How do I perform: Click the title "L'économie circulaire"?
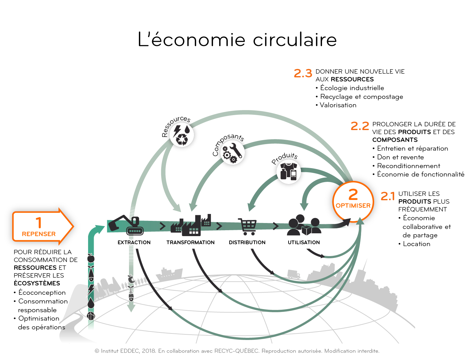coord(237,39)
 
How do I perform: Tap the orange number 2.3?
coord(303,73)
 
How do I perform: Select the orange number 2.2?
coord(360,126)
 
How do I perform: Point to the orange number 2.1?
coord(388,196)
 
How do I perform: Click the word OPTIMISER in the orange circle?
coord(353,206)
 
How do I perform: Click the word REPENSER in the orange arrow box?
coord(39,234)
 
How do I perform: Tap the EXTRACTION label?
coord(134,242)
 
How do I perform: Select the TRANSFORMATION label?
coord(190,242)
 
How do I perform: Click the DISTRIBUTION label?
coord(247,242)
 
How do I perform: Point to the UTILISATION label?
coord(304,242)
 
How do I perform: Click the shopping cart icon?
coord(247,226)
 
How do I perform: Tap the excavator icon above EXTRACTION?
coord(126,225)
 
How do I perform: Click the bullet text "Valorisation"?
coord(338,105)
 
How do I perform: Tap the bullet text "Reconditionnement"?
coord(409,166)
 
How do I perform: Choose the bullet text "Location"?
coord(417,244)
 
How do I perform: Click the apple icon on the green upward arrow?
coord(91,258)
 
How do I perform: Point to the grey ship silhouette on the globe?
coord(169,274)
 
